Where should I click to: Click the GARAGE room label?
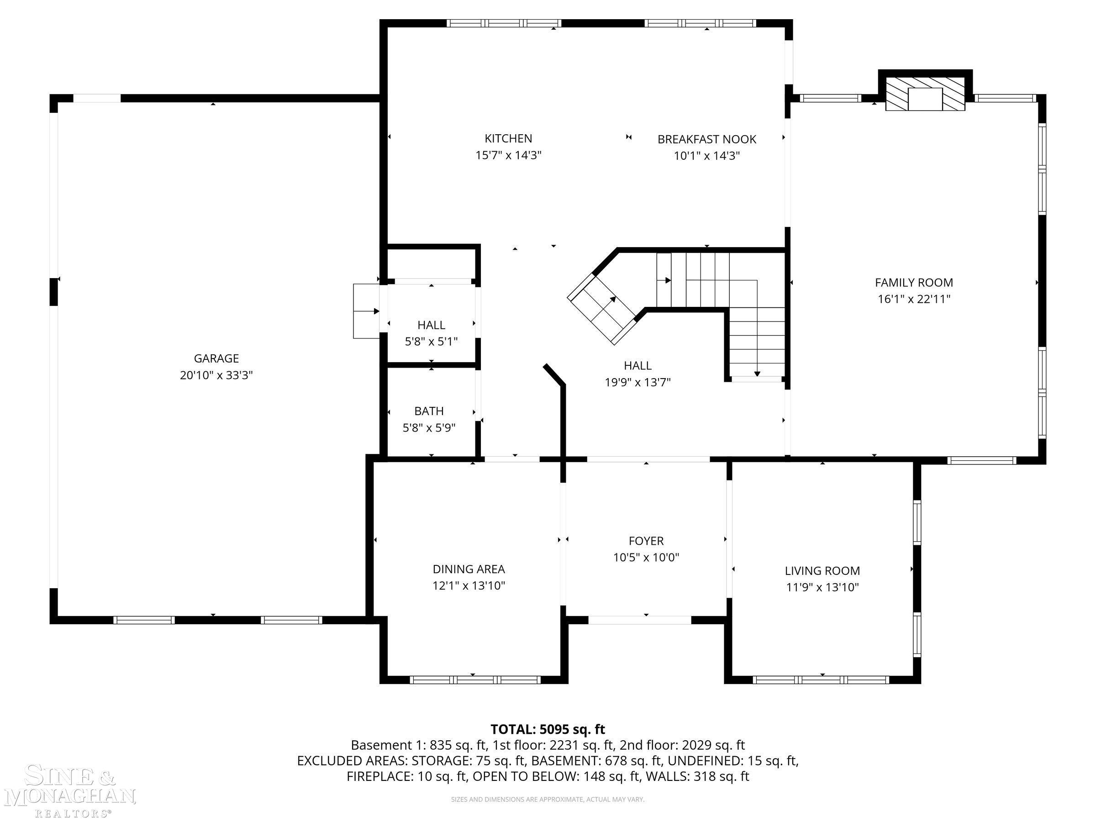pos(216,358)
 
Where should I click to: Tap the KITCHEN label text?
pos(508,138)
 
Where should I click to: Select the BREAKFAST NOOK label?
pos(706,139)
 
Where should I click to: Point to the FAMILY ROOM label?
pos(914,282)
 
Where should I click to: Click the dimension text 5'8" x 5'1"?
pos(431,342)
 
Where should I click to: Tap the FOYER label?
pos(646,541)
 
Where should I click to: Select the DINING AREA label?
pos(469,569)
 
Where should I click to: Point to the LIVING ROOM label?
pos(822,570)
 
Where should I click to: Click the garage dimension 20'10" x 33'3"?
pos(216,375)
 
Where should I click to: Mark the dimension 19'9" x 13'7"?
pos(638,382)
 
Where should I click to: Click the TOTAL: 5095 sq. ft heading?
pos(548,729)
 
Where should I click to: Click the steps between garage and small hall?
pos(367,311)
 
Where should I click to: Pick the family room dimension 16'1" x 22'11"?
pos(914,299)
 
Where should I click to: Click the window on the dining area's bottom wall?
pos(476,680)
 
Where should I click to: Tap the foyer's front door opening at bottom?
pos(640,620)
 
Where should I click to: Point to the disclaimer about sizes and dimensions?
pos(548,799)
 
